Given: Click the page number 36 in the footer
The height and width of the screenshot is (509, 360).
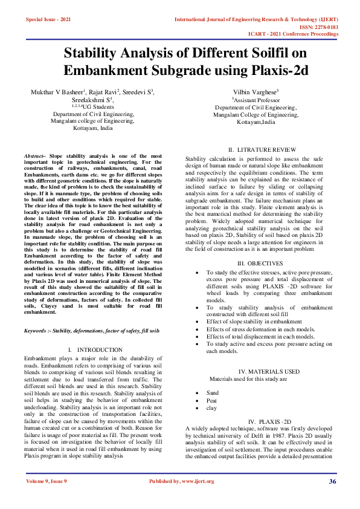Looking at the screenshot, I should pos(332,481).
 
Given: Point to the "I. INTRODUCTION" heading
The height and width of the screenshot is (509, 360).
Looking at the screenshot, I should pos(92,350).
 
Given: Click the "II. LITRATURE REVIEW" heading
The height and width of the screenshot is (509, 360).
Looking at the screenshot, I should pos(256,149).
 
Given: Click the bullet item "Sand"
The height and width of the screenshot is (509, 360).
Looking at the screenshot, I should pos(213,393).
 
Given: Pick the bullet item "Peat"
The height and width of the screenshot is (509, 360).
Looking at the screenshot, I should pos(212,400).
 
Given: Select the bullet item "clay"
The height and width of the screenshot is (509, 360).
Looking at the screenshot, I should pos(212,408).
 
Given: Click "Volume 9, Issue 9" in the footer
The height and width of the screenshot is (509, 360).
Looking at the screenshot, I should pos(47,481).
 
